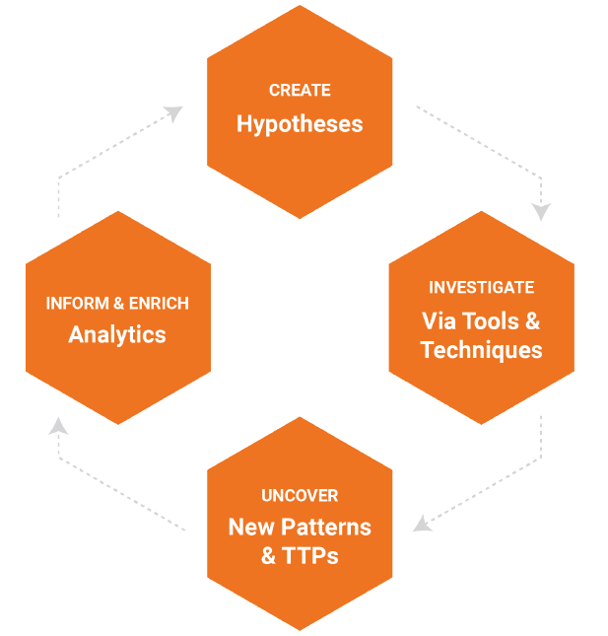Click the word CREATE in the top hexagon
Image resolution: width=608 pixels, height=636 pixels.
point(300,91)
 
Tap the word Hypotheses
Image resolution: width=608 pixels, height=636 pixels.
point(300,124)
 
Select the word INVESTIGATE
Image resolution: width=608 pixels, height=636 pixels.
point(481,288)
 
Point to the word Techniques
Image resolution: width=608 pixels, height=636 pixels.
point(481,350)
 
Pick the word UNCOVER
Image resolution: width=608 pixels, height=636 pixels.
point(300,496)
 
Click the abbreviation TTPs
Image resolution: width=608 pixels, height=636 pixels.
point(310,556)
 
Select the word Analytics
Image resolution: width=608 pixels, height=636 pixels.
point(117,334)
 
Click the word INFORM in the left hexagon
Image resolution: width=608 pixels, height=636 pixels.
point(75,303)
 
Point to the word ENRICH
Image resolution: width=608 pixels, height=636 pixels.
point(158,303)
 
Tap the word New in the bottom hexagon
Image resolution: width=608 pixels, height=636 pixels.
point(250,527)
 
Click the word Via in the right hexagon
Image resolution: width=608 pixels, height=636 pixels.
point(440,321)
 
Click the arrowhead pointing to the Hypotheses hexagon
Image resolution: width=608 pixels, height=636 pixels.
point(175,112)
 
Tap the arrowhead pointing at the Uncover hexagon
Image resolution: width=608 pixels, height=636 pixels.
point(421,523)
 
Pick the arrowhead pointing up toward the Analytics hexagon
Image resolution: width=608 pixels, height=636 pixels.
point(58,425)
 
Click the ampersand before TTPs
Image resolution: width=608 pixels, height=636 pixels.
point(269,556)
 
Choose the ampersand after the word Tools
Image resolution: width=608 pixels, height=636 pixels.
point(532,321)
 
